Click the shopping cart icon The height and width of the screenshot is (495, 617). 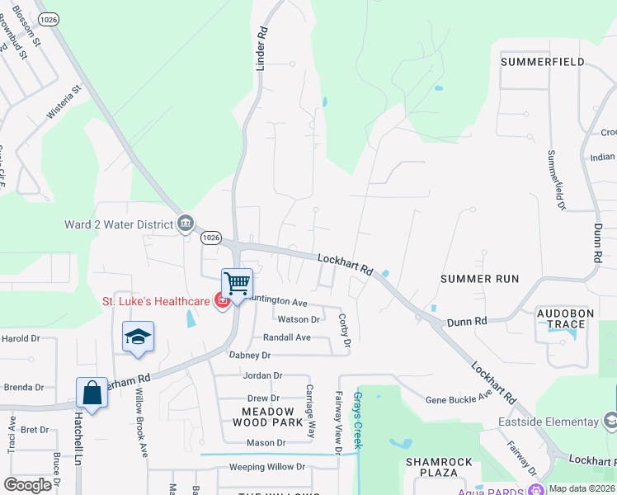tap(237, 284)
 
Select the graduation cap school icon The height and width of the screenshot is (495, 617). tap(138, 337)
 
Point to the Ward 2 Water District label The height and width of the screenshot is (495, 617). tap(118, 224)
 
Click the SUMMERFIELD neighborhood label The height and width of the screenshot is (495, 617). tap(542, 62)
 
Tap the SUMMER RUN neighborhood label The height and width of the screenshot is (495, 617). tap(479, 279)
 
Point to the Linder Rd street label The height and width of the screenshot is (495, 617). tap(262, 48)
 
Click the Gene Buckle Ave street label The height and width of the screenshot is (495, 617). tap(459, 399)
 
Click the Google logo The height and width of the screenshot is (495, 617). tap(28, 485)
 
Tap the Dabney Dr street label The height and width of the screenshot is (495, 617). tap(249, 355)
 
